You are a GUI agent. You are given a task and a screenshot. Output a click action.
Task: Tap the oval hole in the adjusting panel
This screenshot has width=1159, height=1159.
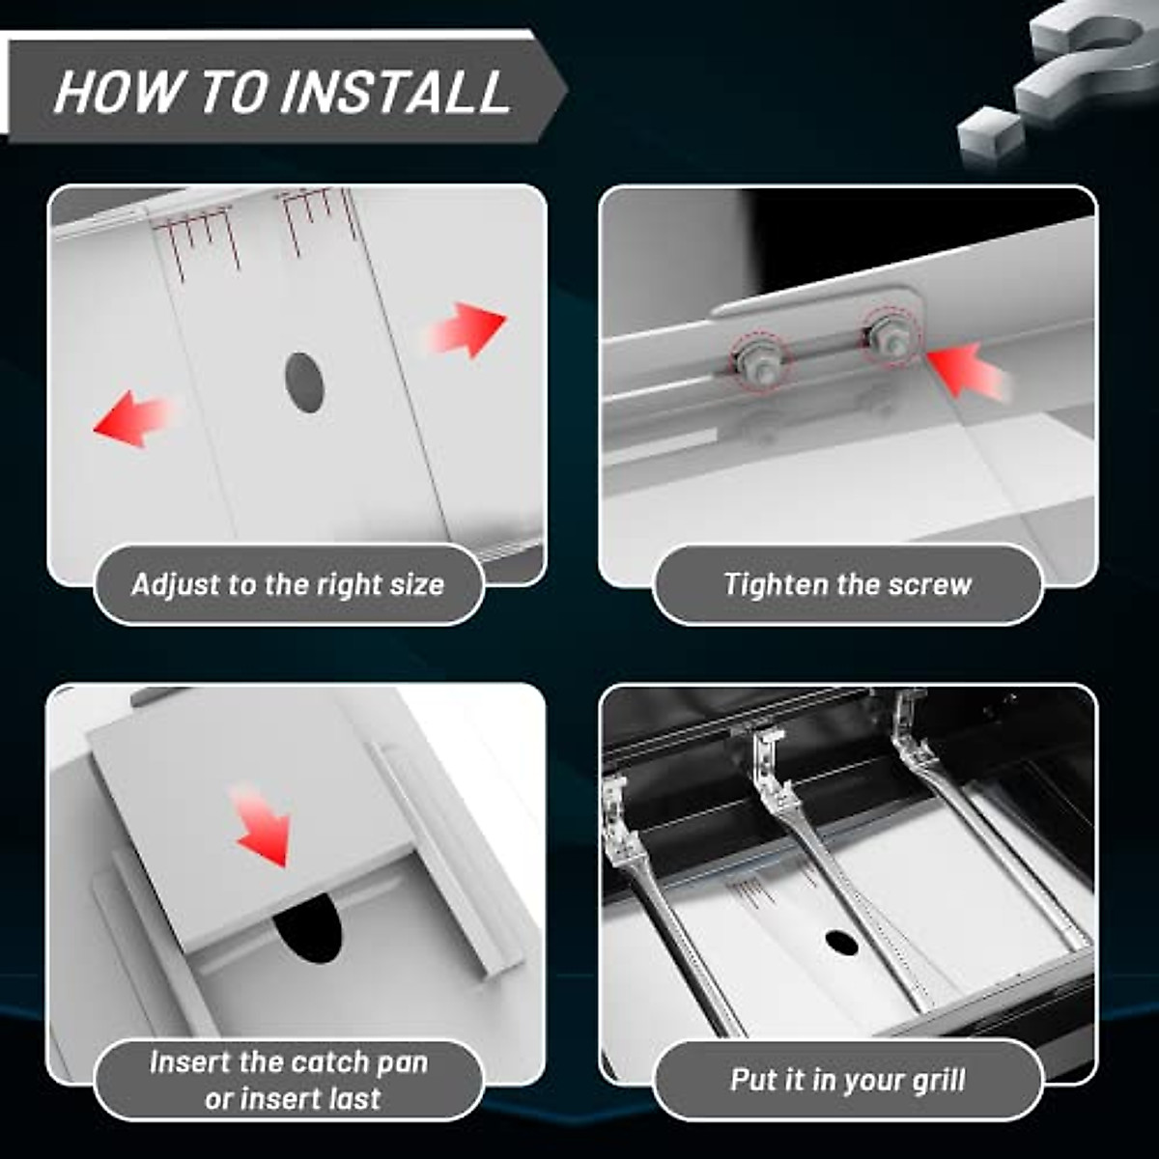tap(303, 383)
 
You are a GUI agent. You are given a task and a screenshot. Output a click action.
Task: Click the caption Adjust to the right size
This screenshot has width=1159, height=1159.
tap(288, 585)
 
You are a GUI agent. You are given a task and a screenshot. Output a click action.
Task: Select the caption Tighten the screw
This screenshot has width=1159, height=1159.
tap(848, 585)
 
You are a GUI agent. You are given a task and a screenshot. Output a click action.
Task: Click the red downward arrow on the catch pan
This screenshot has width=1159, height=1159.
tap(262, 826)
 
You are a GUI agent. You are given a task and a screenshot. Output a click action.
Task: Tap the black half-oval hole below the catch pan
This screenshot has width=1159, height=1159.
tap(307, 933)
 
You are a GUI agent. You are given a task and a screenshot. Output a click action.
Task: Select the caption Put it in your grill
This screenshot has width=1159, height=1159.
tap(848, 1080)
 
